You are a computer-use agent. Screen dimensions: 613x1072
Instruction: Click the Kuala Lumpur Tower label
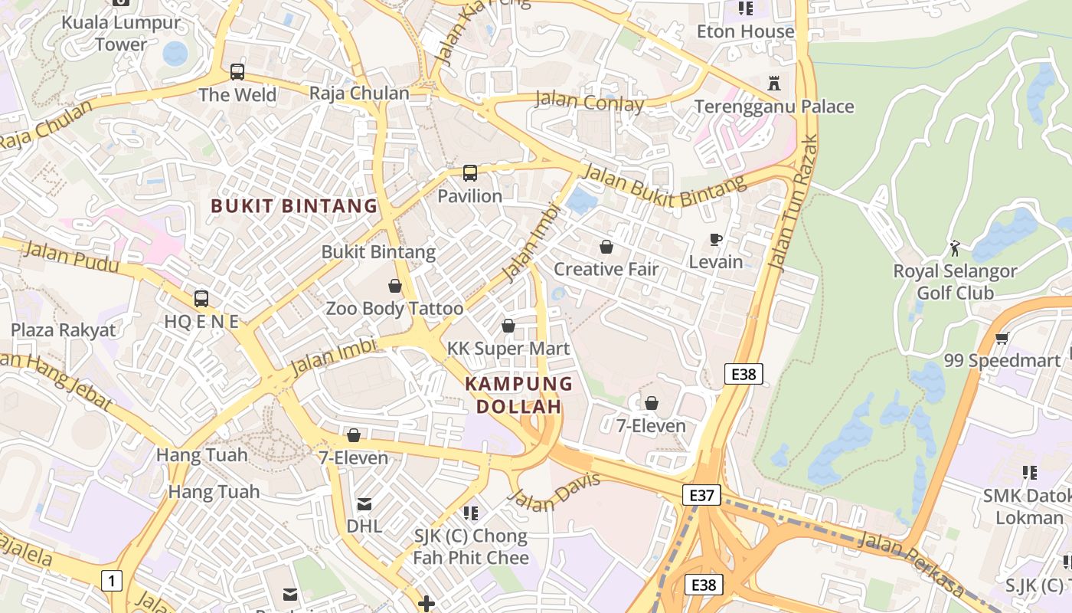(x=121, y=33)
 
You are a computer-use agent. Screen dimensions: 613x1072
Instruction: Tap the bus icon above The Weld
(x=237, y=72)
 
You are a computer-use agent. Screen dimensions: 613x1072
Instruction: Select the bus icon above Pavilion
(x=470, y=173)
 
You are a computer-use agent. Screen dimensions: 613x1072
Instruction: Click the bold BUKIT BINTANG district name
(x=294, y=206)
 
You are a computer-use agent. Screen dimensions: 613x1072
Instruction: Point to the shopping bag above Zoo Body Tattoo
(x=395, y=286)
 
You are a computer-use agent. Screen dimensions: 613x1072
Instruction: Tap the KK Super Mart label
(x=508, y=349)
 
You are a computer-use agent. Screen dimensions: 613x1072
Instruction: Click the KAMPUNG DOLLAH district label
(x=519, y=395)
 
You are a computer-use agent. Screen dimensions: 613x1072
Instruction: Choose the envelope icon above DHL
(x=364, y=503)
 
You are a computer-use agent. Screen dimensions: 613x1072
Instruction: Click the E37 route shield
(x=701, y=495)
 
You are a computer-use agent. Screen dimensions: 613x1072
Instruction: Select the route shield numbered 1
(x=112, y=581)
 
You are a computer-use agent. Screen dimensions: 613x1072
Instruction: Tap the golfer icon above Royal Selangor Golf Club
(x=955, y=248)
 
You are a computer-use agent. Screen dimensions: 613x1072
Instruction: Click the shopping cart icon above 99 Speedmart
(x=1002, y=338)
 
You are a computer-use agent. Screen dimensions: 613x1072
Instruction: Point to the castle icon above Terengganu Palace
(x=773, y=83)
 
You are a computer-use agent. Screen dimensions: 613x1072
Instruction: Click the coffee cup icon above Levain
(x=716, y=239)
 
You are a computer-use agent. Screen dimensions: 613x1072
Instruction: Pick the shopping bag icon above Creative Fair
(x=606, y=247)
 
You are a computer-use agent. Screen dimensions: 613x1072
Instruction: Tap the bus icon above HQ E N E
(x=201, y=299)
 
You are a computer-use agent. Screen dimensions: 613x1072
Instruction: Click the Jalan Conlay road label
(x=589, y=101)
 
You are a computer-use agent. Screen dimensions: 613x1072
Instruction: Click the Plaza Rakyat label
(x=63, y=330)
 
